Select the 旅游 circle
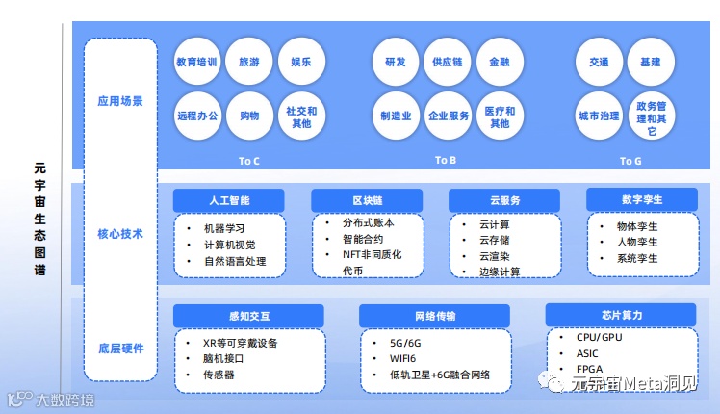pos(249,63)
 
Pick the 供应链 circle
pos(448,63)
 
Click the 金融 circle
pos(500,63)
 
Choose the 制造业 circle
pos(396,116)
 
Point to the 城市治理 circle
pos(599,116)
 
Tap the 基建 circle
pos(651,63)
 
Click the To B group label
pos(445,160)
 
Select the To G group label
pos(630,161)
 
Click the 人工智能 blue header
pos(229,200)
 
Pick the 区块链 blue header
pos(367,200)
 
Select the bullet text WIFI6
pos(395,358)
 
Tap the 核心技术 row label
pos(120,234)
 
